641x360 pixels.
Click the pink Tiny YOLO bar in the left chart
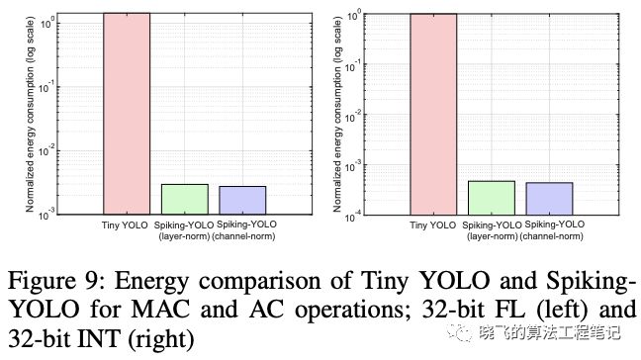pyautogui.click(x=127, y=114)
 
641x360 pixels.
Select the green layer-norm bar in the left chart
pyautogui.click(x=185, y=199)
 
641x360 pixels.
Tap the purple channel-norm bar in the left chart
pyautogui.click(x=242, y=200)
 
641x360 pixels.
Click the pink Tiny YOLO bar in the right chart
pyautogui.click(x=433, y=115)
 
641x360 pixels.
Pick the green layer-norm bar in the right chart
pyautogui.click(x=492, y=198)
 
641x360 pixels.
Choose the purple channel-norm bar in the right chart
pyautogui.click(x=549, y=199)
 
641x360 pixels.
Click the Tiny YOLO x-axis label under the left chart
pyautogui.click(x=125, y=225)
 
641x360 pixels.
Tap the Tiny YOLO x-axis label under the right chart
pyautogui.click(x=433, y=225)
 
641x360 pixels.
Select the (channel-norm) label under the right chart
pyautogui.click(x=551, y=236)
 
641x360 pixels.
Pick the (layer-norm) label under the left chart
pyautogui.click(x=184, y=236)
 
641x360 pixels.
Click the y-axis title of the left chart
pyautogui.click(x=30, y=114)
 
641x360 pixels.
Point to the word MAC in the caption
pyautogui.click(x=160, y=309)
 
